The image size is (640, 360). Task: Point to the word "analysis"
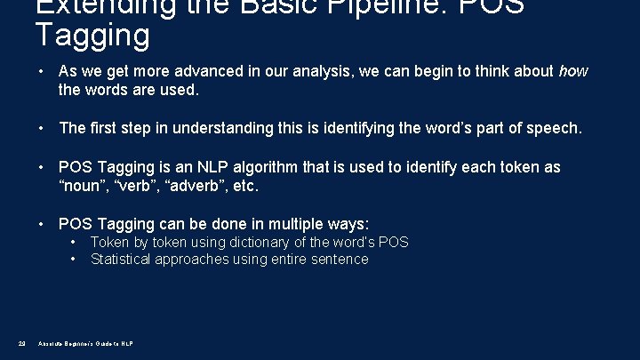pos(323,71)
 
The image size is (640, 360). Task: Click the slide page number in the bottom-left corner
pos(21,343)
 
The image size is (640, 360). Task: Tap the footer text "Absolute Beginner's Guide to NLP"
pos(86,343)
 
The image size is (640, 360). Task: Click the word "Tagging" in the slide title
pos(92,36)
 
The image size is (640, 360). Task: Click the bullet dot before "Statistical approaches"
pos(72,260)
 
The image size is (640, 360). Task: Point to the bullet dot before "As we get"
pos(42,71)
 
